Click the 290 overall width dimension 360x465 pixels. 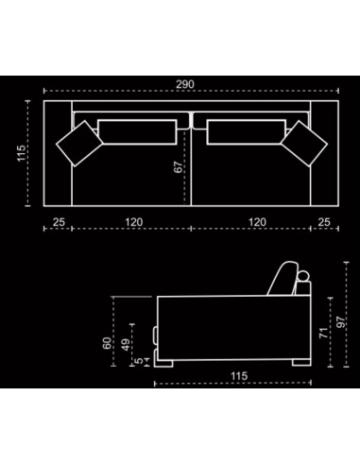pyautogui.click(x=185, y=84)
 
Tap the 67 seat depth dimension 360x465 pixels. pyautogui.click(x=178, y=167)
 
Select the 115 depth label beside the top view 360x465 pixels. pyautogui.click(x=22, y=153)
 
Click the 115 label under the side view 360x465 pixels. pyautogui.click(x=239, y=376)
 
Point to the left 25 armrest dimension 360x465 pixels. pyautogui.click(x=59, y=222)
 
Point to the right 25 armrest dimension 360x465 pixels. pyautogui.click(x=324, y=222)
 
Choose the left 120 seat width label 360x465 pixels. pyautogui.click(x=134, y=222)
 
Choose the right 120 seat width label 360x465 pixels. pyautogui.click(x=257, y=222)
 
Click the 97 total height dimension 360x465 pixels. pyautogui.click(x=341, y=322)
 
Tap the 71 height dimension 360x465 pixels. pyautogui.click(x=324, y=333)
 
